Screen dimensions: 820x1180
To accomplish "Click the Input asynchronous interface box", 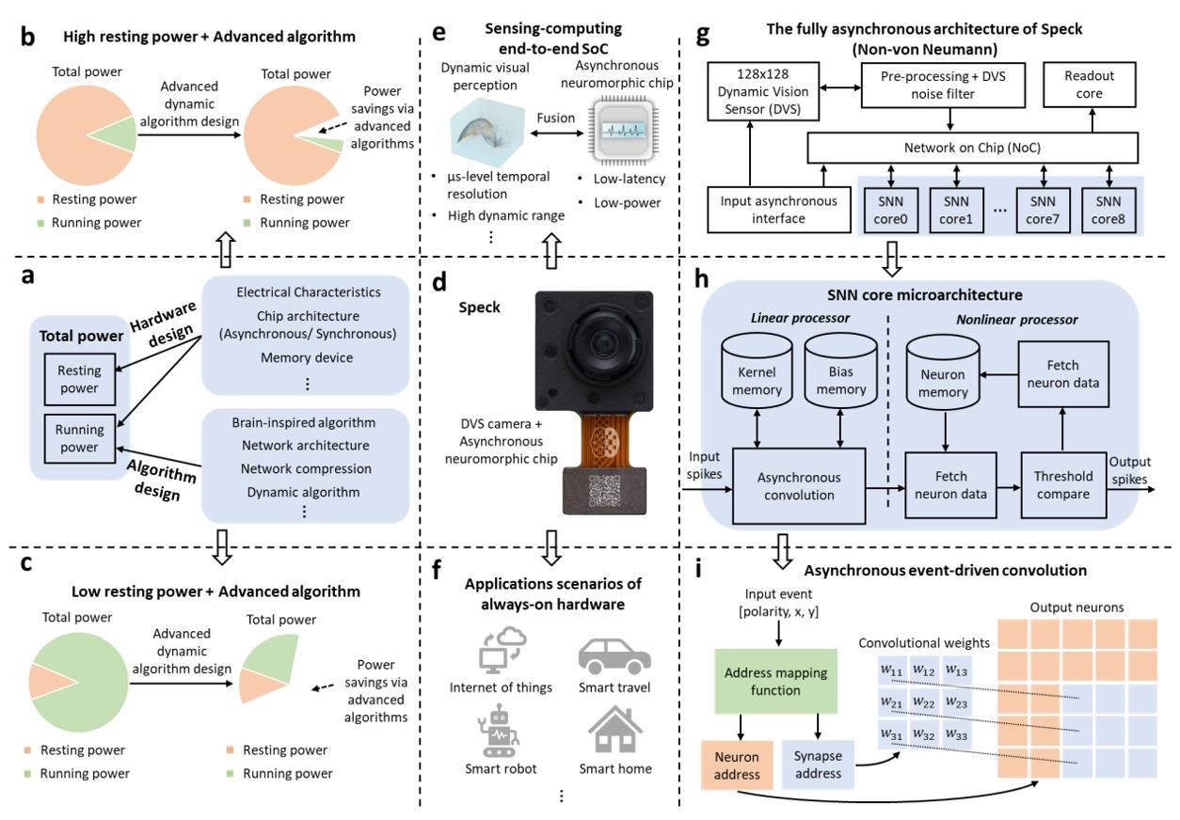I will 763,210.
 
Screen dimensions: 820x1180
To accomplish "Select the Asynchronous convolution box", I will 799,485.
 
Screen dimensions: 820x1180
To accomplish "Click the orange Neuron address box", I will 736,765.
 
